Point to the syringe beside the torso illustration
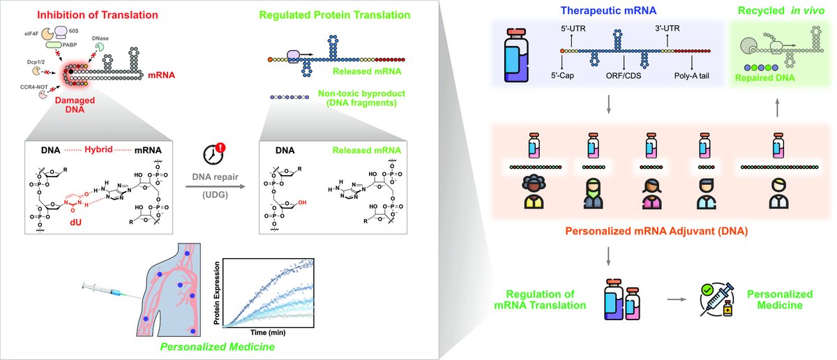(104, 290)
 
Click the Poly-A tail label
(689, 77)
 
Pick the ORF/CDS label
(624, 77)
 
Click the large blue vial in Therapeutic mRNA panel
(519, 52)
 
